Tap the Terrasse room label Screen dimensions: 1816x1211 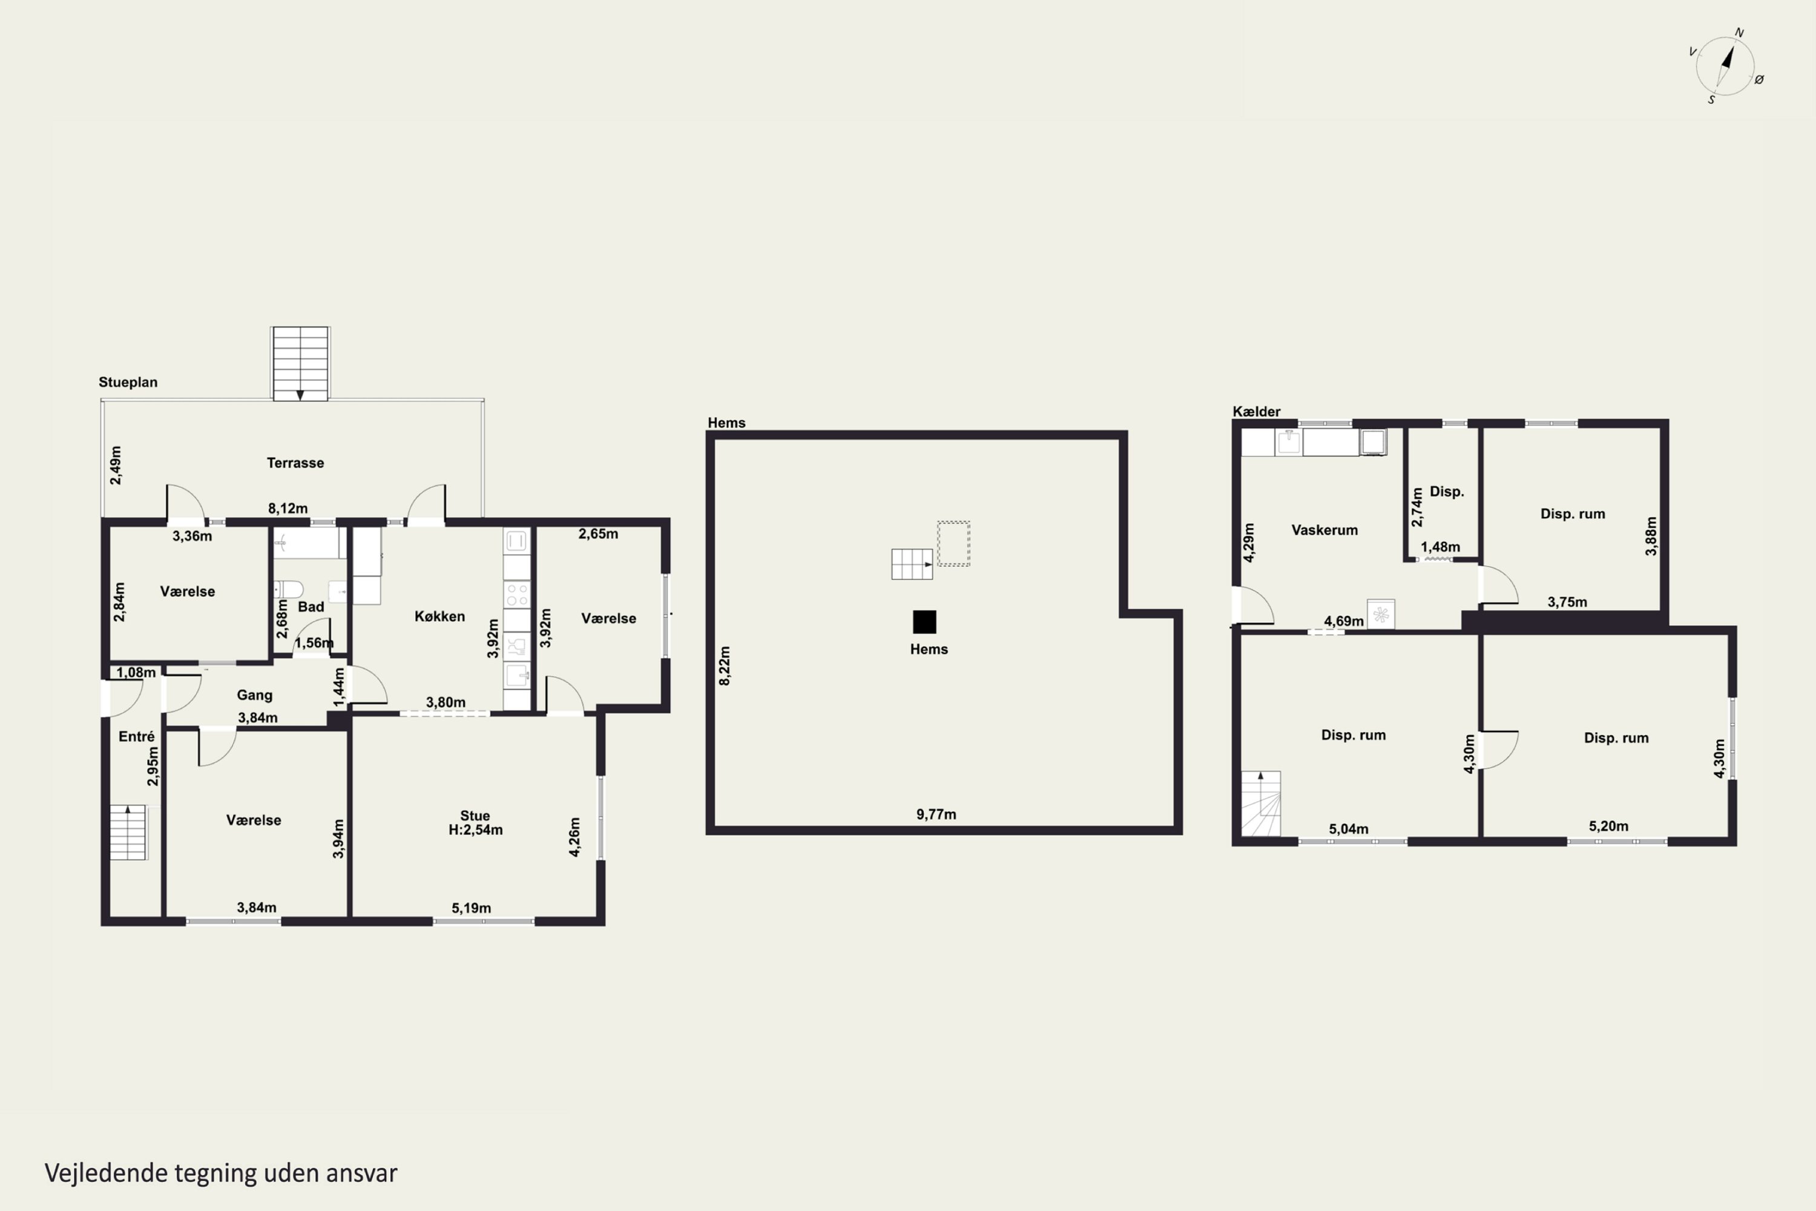point(295,463)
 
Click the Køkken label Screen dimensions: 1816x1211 point(439,616)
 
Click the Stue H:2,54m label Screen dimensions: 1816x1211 point(475,822)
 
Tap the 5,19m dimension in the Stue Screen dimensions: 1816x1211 point(471,908)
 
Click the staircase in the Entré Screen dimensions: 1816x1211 point(127,833)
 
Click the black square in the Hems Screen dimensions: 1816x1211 point(924,622)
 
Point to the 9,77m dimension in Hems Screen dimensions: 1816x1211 point(936,814)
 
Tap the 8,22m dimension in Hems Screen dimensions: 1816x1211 point(724,665)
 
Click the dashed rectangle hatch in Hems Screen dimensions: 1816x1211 point(953,544)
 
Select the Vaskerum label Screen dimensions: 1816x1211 point(1324,530)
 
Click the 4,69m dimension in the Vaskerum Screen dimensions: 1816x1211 point(1343,621)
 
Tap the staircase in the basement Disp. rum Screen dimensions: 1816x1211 point(1261,803)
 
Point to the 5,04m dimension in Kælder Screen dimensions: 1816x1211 point(1348,829)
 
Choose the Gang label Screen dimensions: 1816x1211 point(254,695)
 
